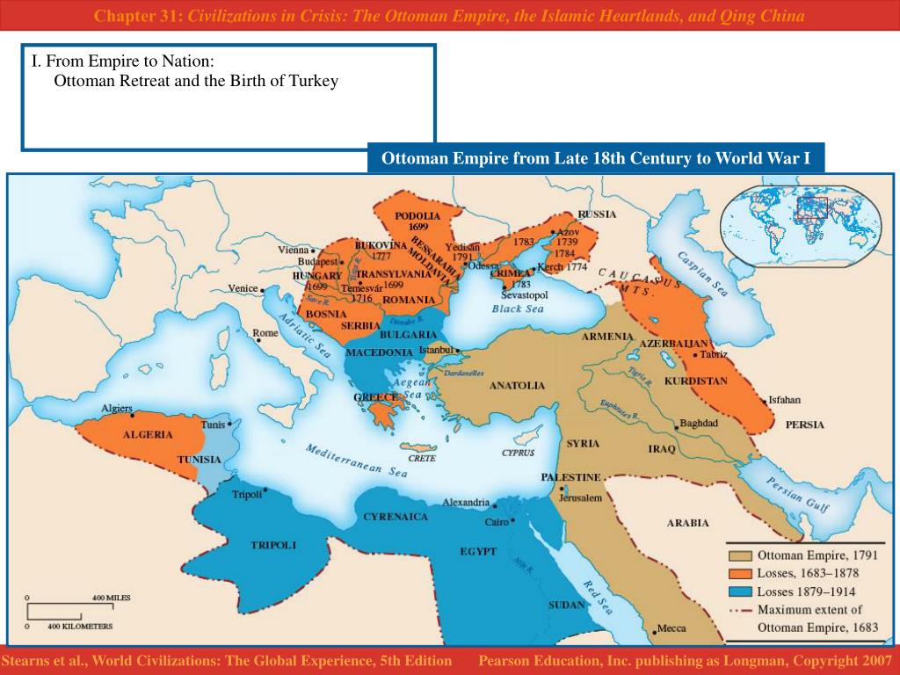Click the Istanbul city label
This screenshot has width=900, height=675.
435,350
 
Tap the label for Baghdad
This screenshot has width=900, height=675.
700,423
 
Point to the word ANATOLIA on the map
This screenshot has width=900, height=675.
517,385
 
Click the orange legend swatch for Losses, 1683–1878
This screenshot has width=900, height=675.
739,573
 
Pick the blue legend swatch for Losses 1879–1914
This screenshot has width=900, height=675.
739,592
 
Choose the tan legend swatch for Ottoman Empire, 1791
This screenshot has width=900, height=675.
739,555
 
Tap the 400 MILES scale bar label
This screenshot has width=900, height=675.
112,598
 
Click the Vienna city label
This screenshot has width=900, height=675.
294,250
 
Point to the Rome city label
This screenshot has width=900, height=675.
265,333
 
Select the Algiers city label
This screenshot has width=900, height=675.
117,409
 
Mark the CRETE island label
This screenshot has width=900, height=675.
422,458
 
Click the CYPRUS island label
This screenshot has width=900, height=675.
518,454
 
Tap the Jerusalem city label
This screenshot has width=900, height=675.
580,497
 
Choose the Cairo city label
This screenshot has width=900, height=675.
497,522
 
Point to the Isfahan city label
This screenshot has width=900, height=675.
784,399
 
